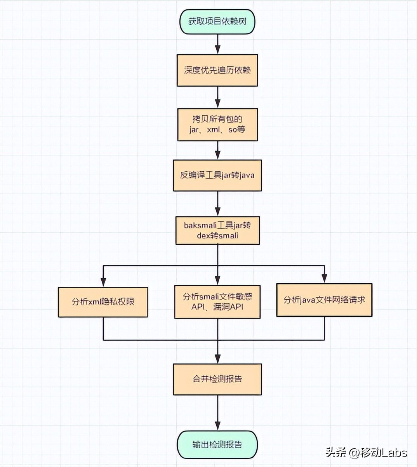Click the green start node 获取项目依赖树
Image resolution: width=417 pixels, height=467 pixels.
point(217,21)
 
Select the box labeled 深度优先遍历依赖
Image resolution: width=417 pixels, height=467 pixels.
point(217,70)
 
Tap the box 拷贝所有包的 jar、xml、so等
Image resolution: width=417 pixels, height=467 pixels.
point(217,124)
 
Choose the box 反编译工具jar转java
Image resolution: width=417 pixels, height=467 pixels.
point(217,175)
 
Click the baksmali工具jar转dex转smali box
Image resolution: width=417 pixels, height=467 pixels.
point(217,230)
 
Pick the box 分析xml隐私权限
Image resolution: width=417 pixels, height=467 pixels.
point(103,302)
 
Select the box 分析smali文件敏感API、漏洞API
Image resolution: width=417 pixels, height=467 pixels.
point(217,302)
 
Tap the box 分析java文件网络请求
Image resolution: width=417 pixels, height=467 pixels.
point(324,300)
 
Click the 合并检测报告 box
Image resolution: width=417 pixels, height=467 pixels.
point(217,379)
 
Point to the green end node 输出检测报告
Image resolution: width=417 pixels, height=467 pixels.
point(217,444)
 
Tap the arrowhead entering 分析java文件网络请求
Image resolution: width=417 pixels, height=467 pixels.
point(324,279)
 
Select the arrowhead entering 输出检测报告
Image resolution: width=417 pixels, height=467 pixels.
point(217,426)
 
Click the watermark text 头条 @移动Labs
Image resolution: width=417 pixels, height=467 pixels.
point(366,453)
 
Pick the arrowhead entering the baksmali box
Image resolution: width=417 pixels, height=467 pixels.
point(217,212)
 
